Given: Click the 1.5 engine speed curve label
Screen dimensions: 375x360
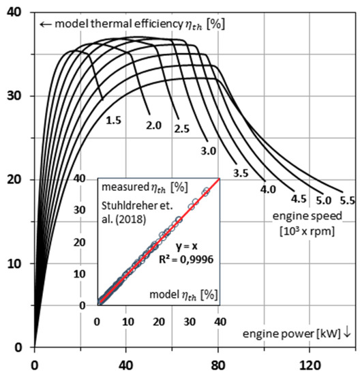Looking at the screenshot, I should pyautogui.click(x=113, y=120).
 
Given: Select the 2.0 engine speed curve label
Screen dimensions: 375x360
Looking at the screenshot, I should pyautogui.click(x=153, y=126).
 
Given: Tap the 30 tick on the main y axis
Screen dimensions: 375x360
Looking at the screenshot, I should pyautogui.click(x=14, y=96).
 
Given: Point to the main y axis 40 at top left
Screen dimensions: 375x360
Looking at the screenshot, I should pyautogui.click(x=14, y=12).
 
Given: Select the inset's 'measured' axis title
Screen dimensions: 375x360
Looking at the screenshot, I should pyautogui.click(x=122, y=186).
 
